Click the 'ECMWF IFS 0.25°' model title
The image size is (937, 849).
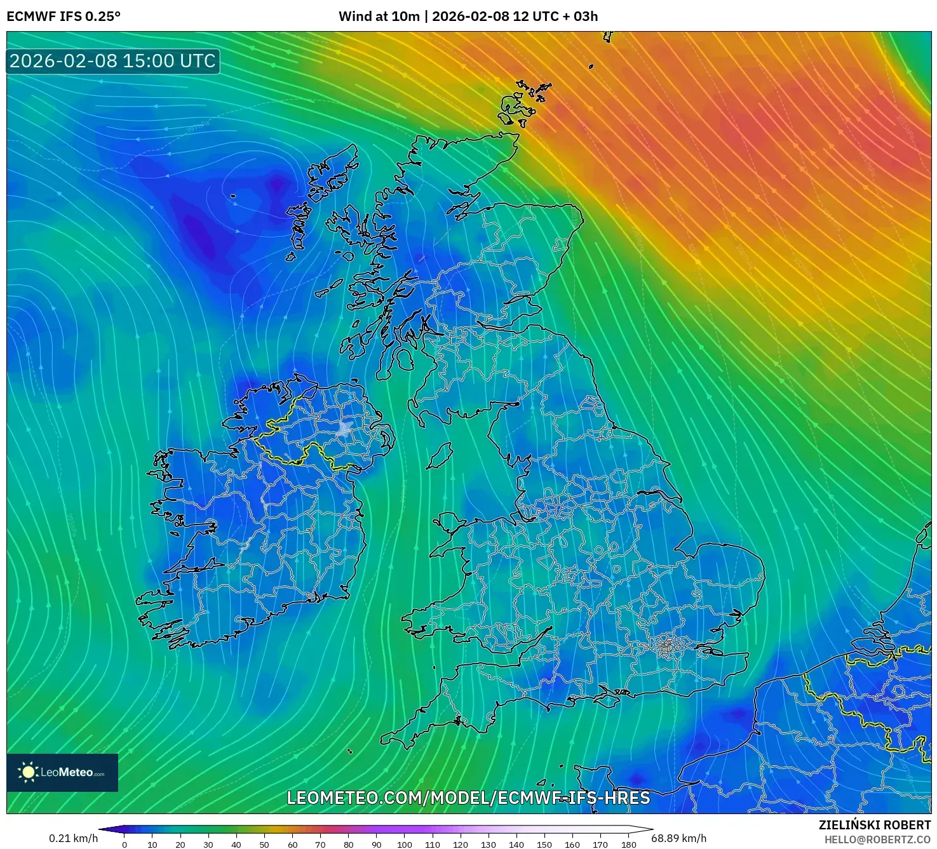tap(64, 17)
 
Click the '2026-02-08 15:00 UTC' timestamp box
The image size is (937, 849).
tap(113, 61)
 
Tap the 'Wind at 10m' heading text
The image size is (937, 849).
tap(379, 17)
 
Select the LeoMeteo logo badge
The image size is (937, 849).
tap(62, 772)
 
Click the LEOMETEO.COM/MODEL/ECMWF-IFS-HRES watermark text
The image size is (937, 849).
tap(468, 798)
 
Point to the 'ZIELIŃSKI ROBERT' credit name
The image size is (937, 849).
tap(874, 825)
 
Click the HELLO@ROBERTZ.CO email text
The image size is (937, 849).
tap(877, 839)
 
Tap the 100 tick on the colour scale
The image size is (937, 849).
tap(405, 845)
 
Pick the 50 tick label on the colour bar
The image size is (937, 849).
tap(264, 845)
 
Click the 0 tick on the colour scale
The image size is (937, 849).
tap(125, 845)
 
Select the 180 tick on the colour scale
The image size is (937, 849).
tap(628, 845)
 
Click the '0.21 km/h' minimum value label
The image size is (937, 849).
tap(74, 838)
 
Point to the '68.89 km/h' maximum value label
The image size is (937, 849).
tap(678, 838)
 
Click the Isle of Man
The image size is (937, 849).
tap(439, 456)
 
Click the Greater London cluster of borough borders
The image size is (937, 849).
tap(666, 646)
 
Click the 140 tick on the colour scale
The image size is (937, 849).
tap(516, 845)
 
